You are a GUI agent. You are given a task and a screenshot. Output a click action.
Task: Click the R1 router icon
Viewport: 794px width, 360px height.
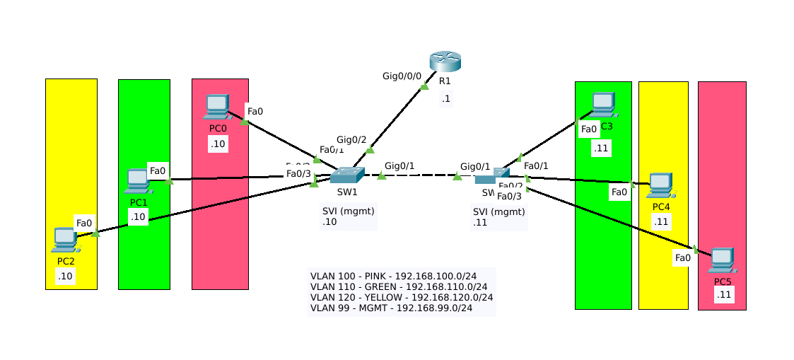(445, 62)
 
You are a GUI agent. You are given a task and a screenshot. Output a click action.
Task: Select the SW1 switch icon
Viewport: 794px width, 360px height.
(346, 175)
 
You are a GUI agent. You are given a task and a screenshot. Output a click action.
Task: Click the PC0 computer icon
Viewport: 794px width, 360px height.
(217, 107)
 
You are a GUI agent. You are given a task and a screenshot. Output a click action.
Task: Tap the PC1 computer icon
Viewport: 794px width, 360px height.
(138, 181)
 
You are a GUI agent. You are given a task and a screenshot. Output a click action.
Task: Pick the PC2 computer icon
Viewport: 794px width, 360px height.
(65, 240)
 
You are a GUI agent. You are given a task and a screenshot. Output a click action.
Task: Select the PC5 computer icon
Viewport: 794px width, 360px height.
(722, 261)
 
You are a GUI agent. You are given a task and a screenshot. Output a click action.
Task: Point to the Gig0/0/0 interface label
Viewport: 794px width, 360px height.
(402, 76)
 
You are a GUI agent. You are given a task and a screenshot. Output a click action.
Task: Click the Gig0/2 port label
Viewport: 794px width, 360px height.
(351, 139)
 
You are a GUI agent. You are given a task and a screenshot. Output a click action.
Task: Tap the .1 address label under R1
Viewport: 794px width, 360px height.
(445, 98)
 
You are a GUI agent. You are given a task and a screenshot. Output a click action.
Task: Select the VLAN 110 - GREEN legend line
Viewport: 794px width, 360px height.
(399, 286)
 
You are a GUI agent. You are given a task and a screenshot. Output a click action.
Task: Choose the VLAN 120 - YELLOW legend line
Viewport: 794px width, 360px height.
(402, 297)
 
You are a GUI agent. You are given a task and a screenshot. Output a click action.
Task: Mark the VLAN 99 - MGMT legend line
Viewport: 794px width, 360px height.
(391, 308)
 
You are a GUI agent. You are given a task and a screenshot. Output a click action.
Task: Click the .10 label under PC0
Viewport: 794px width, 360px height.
(217, 144)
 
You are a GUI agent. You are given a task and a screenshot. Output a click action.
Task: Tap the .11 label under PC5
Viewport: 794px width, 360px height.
(723, 295)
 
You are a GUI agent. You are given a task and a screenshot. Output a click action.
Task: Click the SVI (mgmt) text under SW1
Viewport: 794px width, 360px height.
(348, 211)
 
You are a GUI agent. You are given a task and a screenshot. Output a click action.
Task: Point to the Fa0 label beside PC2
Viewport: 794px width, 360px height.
(84, 223)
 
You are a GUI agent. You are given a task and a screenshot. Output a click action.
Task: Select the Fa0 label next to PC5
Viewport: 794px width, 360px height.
(682, 257)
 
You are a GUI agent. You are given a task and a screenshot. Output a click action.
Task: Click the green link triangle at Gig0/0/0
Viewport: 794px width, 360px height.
(424, 87)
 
